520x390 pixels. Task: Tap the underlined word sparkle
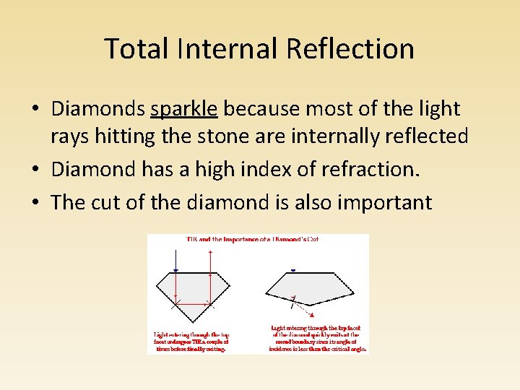coord(184,109)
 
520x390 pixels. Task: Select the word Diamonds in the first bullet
coord(98,109)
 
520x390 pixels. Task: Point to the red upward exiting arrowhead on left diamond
coord(209,251)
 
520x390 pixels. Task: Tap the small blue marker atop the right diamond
coord(292,271)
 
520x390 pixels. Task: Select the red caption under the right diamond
coord(318,338)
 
